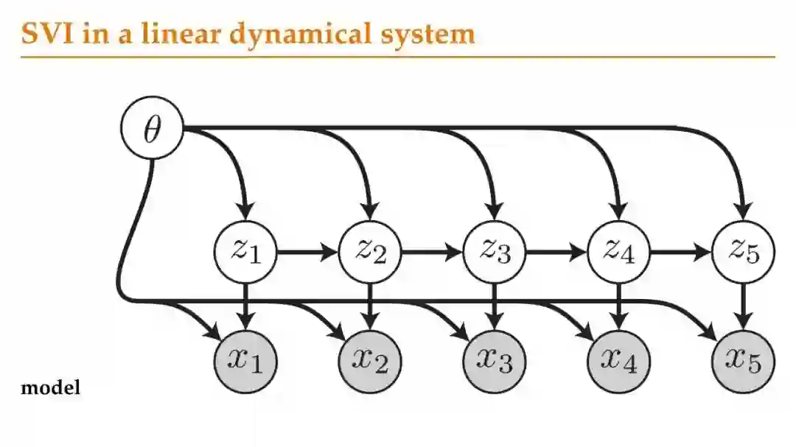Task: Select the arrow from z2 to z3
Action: click(x=432, y=253)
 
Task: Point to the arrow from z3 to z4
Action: click(x=556, y=253)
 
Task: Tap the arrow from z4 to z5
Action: click(x=681, y=253)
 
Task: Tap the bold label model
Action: click(x=51, y=387)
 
